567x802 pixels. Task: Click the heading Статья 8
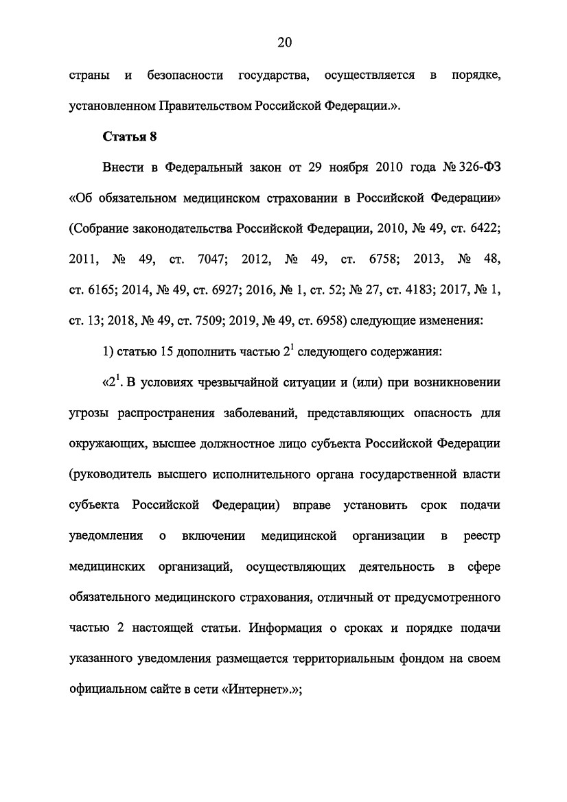[x=130, y=137]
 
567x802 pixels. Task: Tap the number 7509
[x=213, y=321]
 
